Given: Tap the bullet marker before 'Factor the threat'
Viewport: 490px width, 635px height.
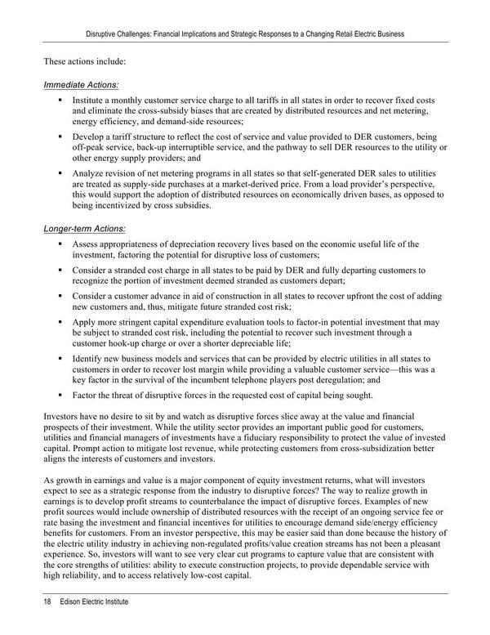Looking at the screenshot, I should [60, 396].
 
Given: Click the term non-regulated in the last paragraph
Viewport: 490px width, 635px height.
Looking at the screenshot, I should [263, 552].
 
